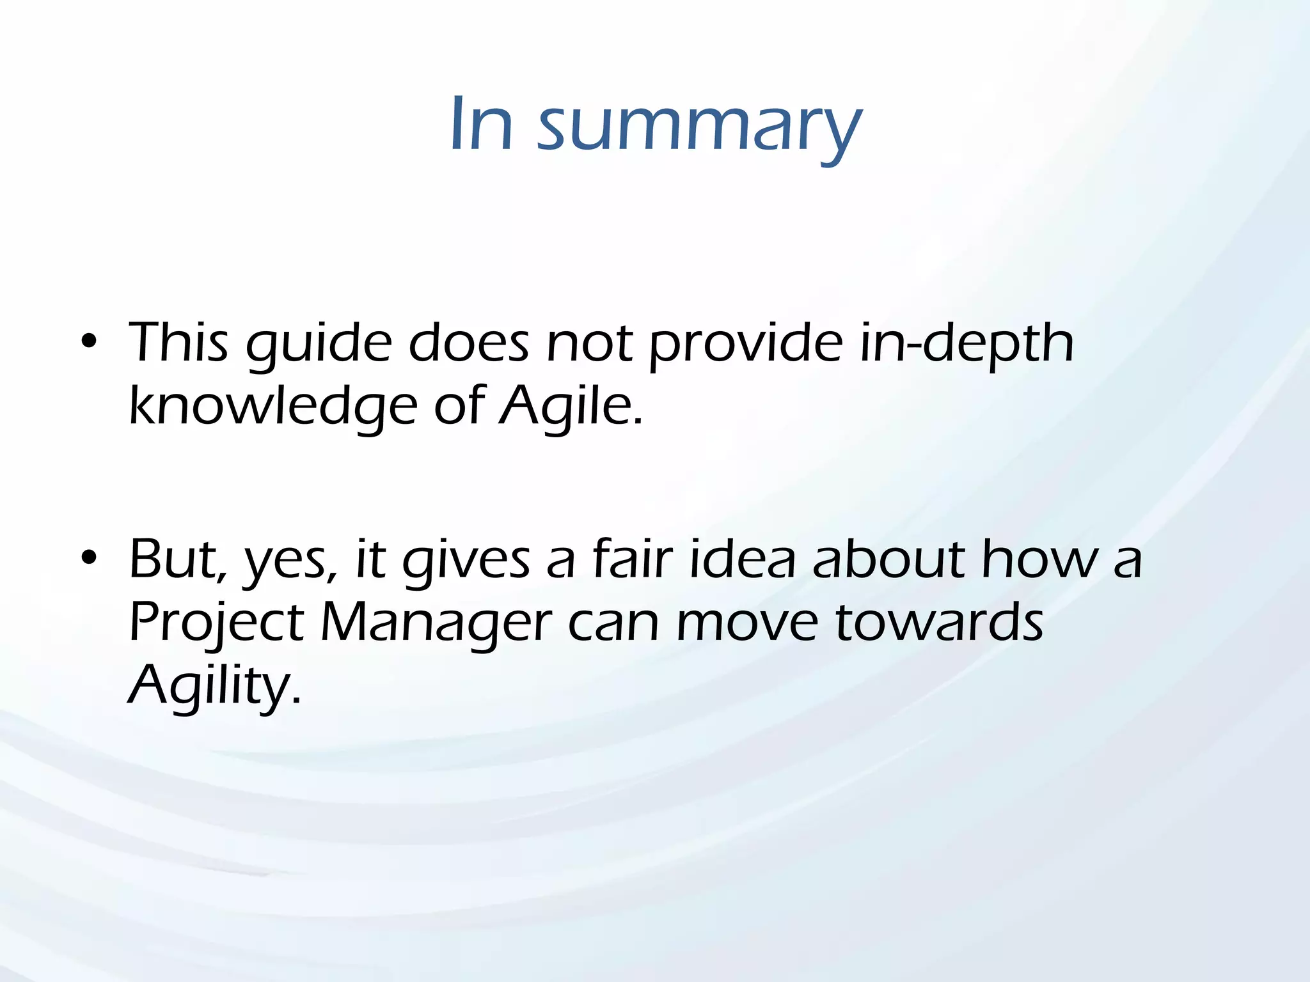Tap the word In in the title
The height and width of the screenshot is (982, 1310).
click(x=481, y=125)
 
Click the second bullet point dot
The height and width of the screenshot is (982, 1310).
click(x=89, y=557)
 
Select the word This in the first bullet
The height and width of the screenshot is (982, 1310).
click(x=178, y=343)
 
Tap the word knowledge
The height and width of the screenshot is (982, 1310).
click(x=273, y=407)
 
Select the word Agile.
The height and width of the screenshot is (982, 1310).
click(x=571, y=407)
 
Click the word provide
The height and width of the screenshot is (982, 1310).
click(x=746, y=345)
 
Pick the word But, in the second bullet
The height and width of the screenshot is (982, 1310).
click(x=178, y=560)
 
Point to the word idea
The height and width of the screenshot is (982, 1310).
click(x=742, y=559)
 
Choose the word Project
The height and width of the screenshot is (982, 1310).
click(x=216, y=623)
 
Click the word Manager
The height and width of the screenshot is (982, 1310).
click(x=436, y=624)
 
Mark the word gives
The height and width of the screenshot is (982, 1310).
click(x=466, y=561)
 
